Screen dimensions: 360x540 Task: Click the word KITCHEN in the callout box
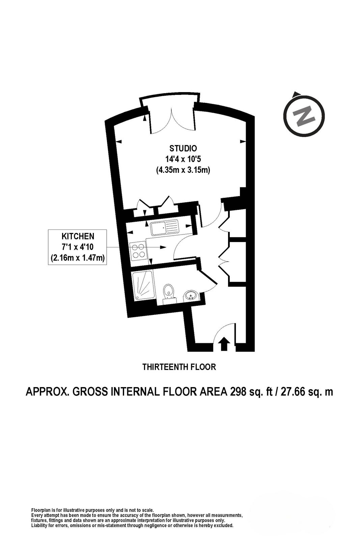click(x=78, y=236)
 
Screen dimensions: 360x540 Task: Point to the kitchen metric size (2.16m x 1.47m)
click(x=78, y=258)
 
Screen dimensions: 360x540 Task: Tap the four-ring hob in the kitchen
click(x=138, y=251)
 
